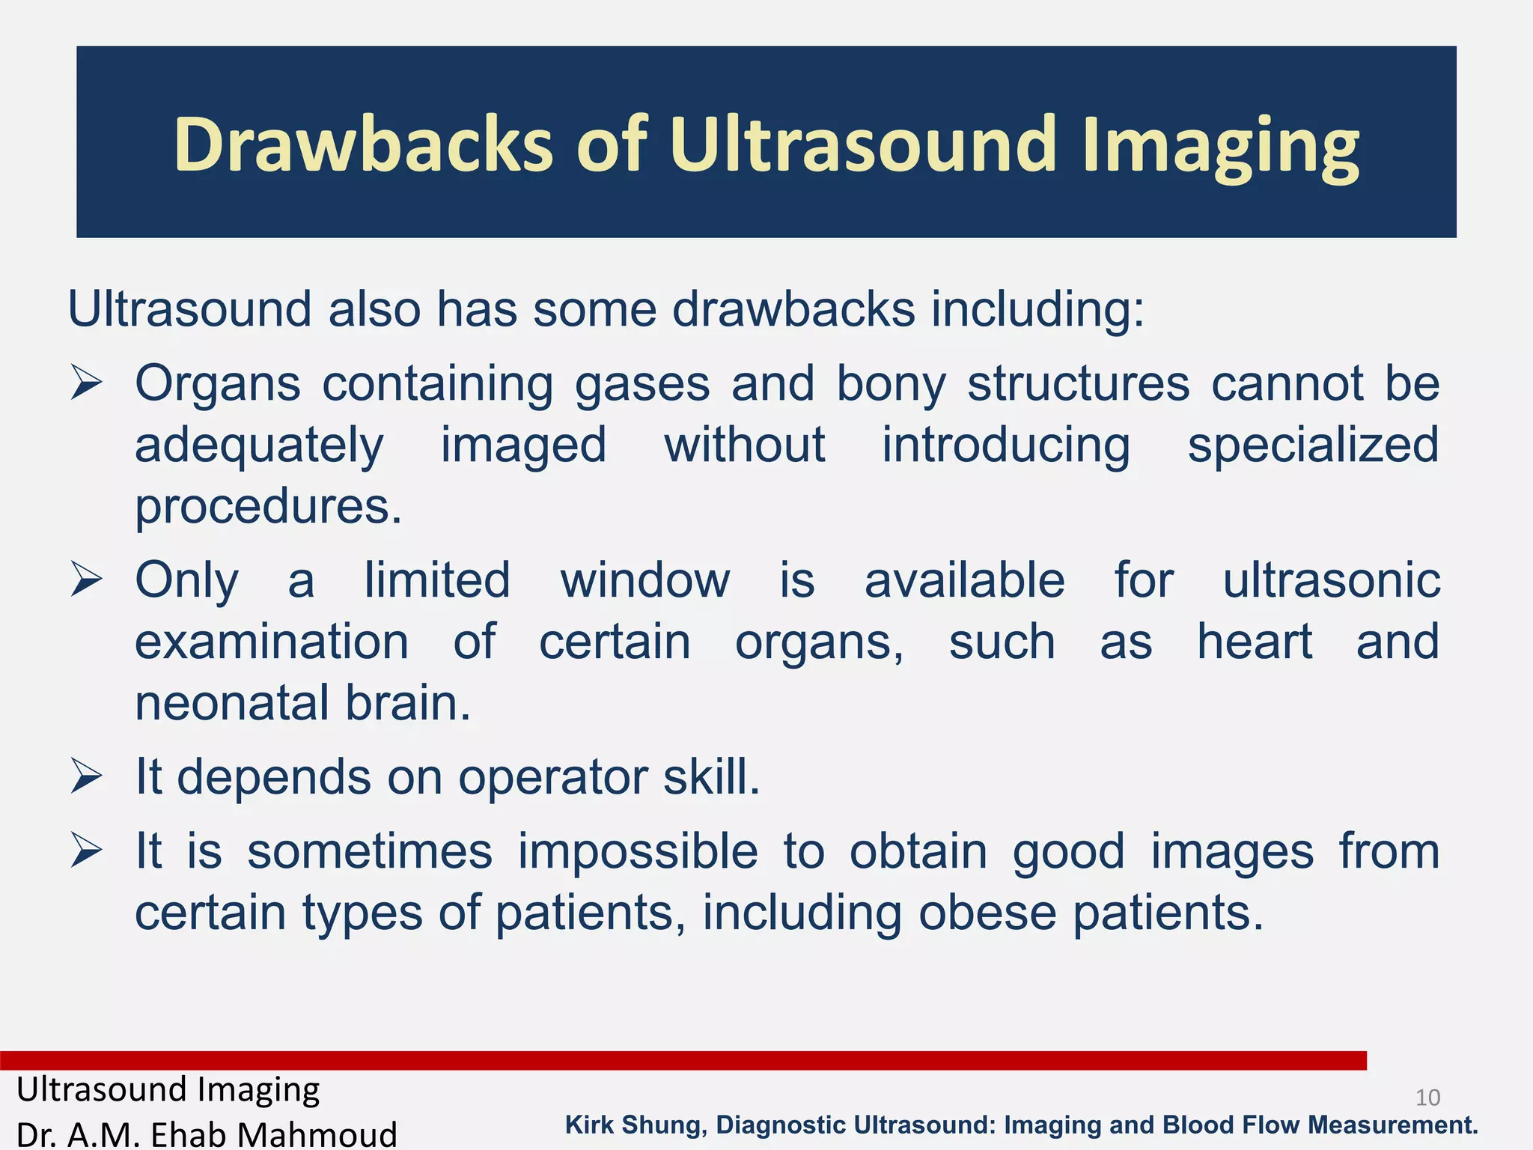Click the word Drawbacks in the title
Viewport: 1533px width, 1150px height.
click(363, 144)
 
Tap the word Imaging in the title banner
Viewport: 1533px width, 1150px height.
click(1220, 146)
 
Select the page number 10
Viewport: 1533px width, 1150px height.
click(1427, 1098)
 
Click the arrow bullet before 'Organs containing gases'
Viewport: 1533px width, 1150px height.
click(86, 383)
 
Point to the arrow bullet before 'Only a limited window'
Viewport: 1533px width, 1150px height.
click(86, 580)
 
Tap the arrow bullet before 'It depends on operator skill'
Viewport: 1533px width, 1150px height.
click(86, 776)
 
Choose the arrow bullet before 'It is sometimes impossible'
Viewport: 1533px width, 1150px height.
click(86, 851)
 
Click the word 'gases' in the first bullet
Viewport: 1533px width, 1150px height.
click(642, 385)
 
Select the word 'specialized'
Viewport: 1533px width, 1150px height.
click(1313, 446)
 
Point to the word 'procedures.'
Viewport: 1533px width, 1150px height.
click(268, 508)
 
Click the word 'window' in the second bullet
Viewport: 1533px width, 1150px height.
click(644, 581)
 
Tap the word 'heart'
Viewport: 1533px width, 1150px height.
click(1255, 642)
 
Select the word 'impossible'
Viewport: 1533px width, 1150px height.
click(638, 852)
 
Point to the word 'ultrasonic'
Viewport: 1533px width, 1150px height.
click(1331, 581)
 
